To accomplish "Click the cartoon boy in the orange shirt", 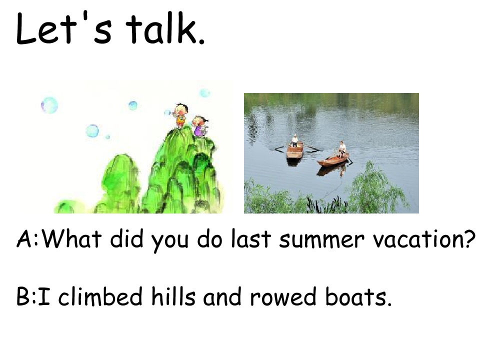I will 180,115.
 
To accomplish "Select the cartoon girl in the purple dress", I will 200,126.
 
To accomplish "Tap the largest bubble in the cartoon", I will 49,105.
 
